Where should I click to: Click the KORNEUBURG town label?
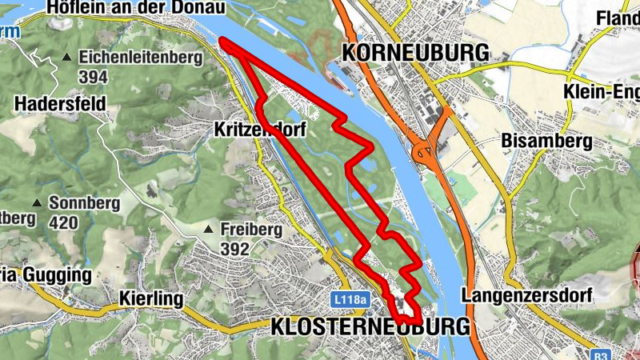415,52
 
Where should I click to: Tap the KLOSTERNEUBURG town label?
370,327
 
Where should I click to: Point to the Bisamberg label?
546,142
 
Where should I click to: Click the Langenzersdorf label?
526,295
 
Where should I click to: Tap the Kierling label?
151,299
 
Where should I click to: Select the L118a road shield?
350,299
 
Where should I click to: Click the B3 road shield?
601,353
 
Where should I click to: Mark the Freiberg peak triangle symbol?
209,230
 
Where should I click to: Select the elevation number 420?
64,222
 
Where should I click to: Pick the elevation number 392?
234,250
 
